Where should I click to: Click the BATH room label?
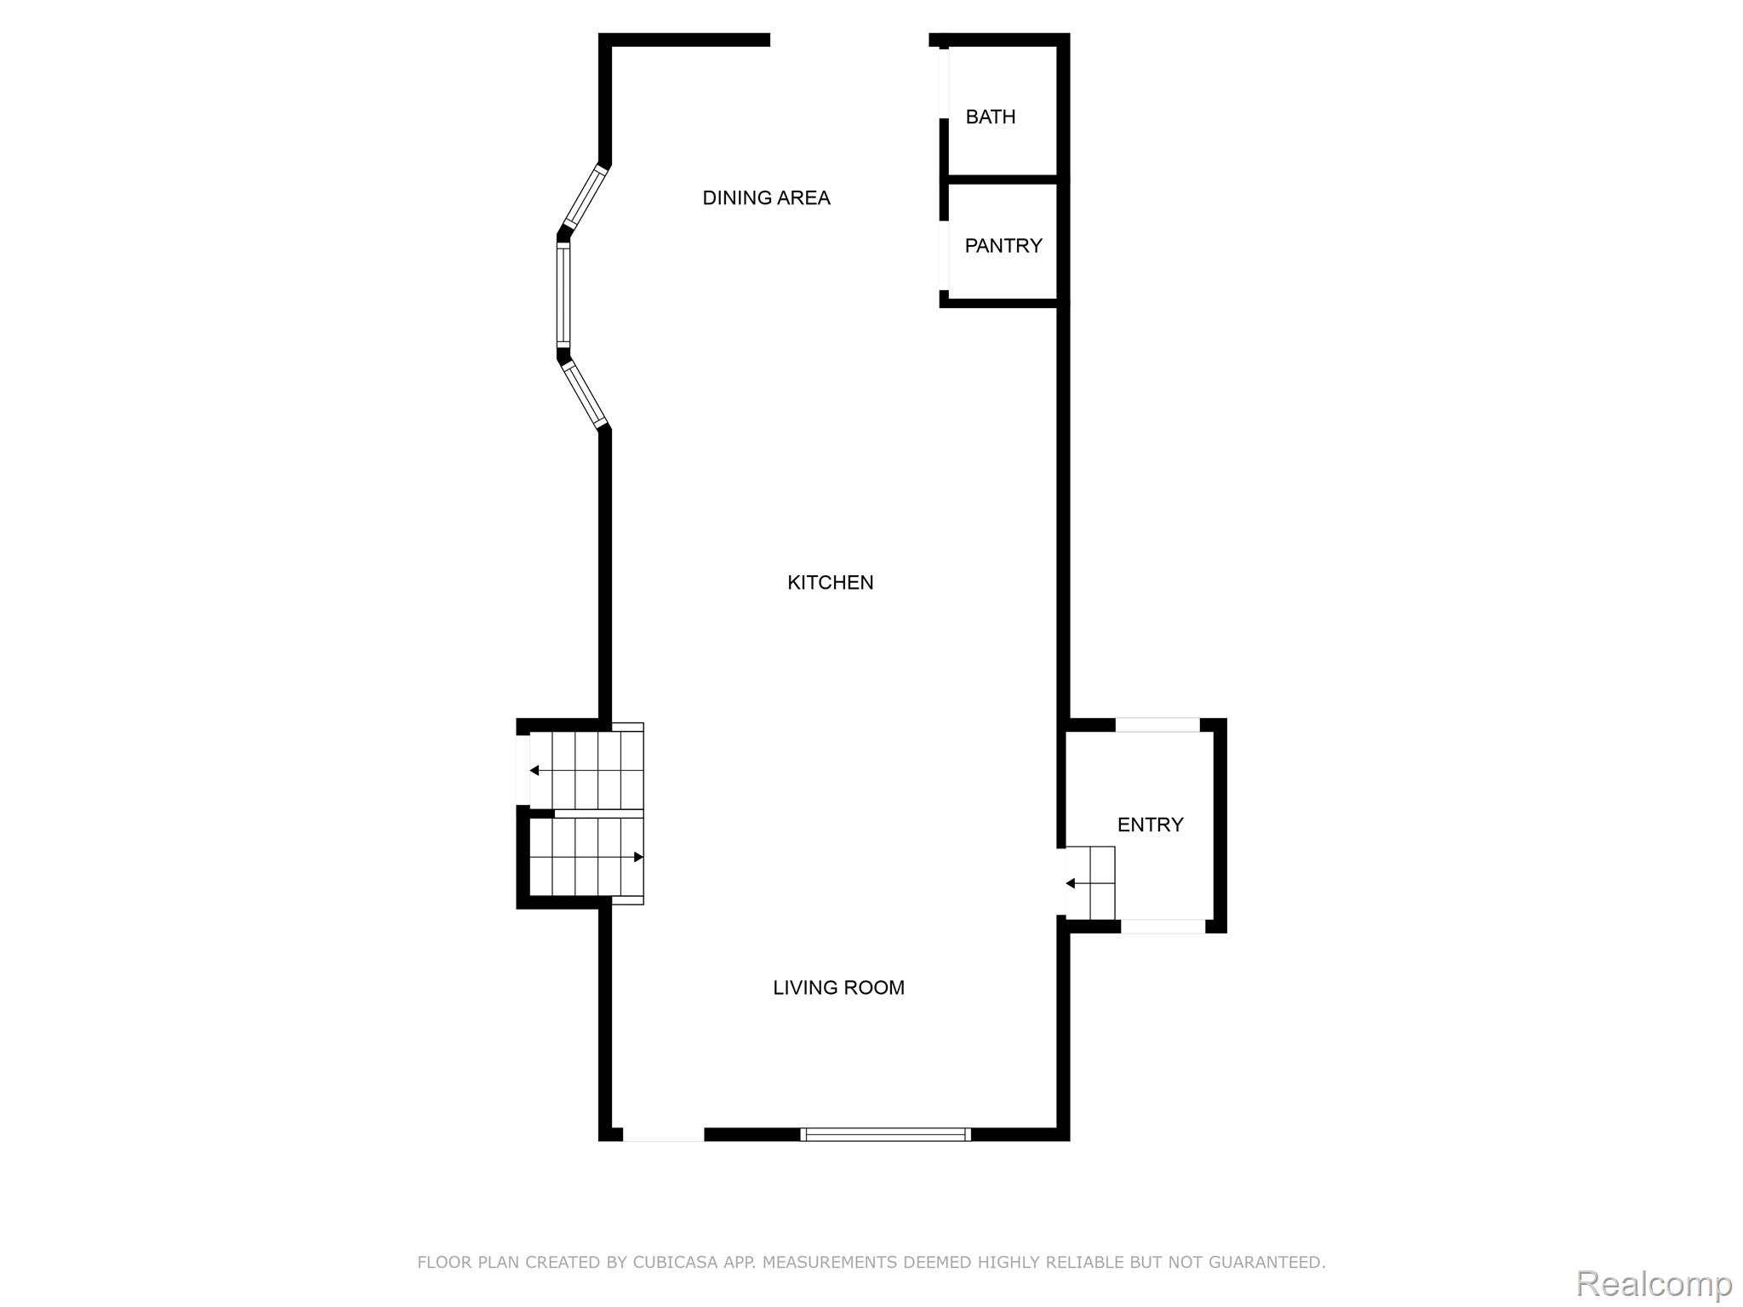(990, 117)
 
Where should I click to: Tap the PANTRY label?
(1003, 246)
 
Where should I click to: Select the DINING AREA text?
(766, 198)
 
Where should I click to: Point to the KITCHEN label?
(830, 583)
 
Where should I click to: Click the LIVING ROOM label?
(838, 988)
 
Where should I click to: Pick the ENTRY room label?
(1150, 825)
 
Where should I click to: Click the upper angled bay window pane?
(586, 197)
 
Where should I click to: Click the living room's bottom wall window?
(885, 1134)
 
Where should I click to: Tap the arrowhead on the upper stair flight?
(534, 771)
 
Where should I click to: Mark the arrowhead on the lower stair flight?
(638, 857)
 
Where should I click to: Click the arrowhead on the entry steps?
(1071, 884)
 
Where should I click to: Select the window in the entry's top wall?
(1157, 725)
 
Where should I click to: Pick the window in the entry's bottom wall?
(1163, 927)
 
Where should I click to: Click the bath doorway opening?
(944, 83)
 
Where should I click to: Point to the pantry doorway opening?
(944, 255)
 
